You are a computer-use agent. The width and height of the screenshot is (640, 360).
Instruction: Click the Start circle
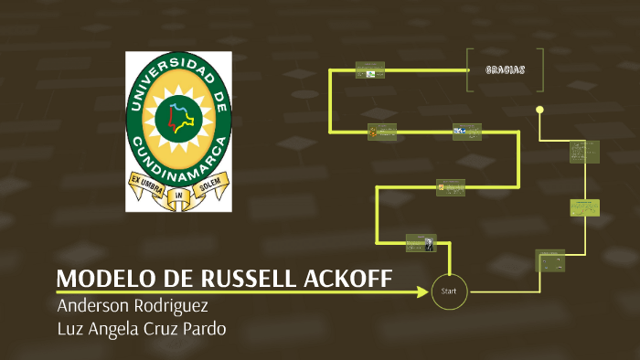click(448, 291)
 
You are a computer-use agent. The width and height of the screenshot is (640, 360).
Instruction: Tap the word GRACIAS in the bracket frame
click(505, 69)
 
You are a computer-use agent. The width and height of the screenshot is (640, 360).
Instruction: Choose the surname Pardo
click(201, 329)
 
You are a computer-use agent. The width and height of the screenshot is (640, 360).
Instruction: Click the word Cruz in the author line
click(157, 329)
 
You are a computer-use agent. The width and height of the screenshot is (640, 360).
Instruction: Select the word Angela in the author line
click(112, 329)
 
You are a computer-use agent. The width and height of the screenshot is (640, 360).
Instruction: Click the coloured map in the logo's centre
click(177, 118)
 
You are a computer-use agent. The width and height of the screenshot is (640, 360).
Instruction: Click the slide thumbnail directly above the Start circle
click(421, 243)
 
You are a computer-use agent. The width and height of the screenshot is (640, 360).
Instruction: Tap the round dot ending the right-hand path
click(539, 110)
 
